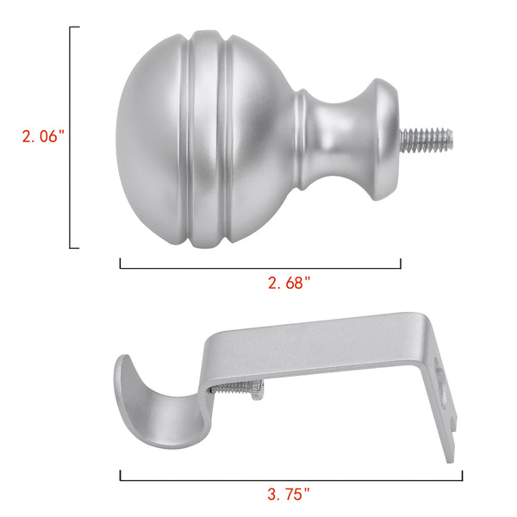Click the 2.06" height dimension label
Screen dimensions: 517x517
coord(43,136)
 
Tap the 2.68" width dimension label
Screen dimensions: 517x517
coord(290,283)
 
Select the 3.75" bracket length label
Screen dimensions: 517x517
coord(289,495)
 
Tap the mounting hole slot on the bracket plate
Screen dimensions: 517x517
coord(441,386)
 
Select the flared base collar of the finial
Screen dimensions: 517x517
coord(384,140)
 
